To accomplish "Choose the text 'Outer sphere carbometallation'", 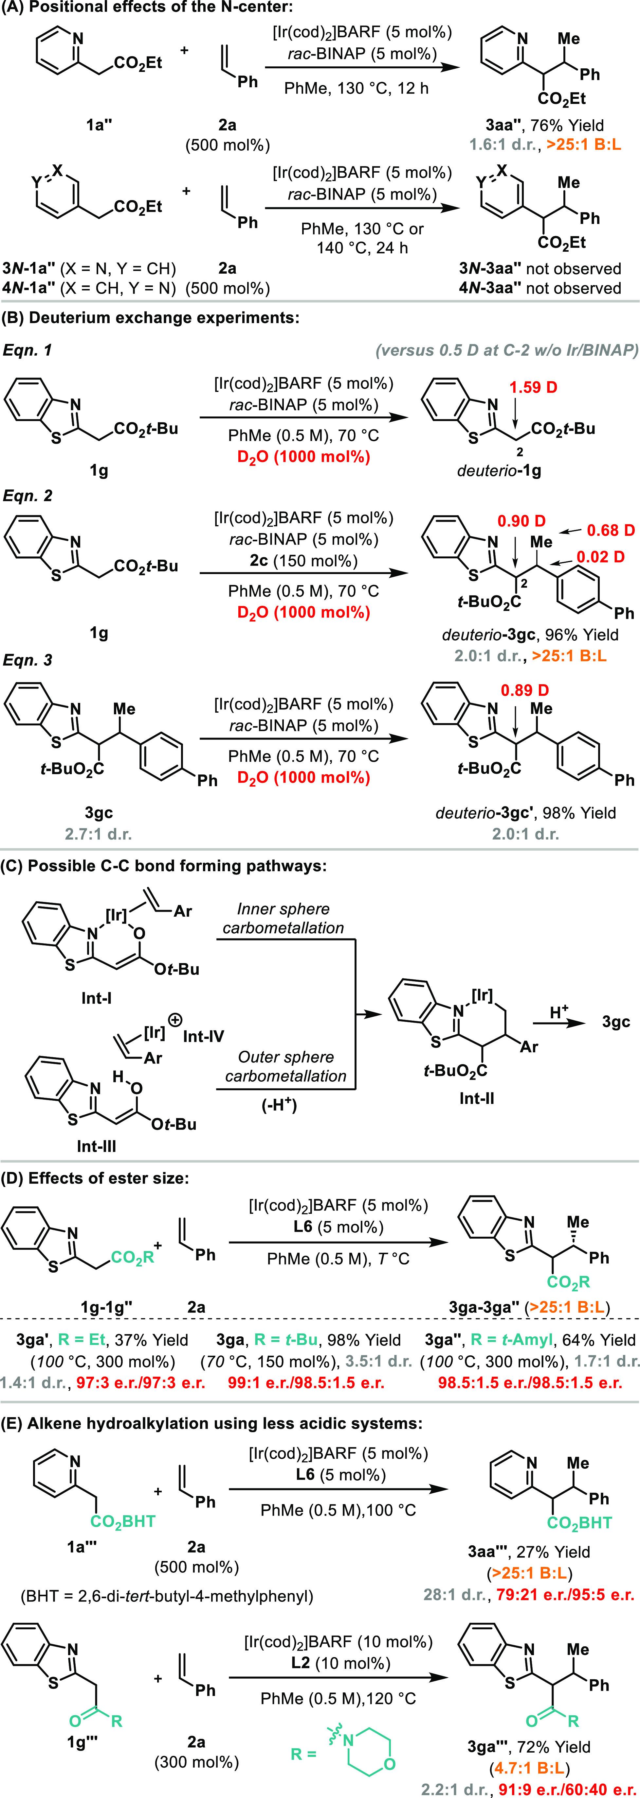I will [x=285, y=1066].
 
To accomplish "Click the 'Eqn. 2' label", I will [x=28, y=496].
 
